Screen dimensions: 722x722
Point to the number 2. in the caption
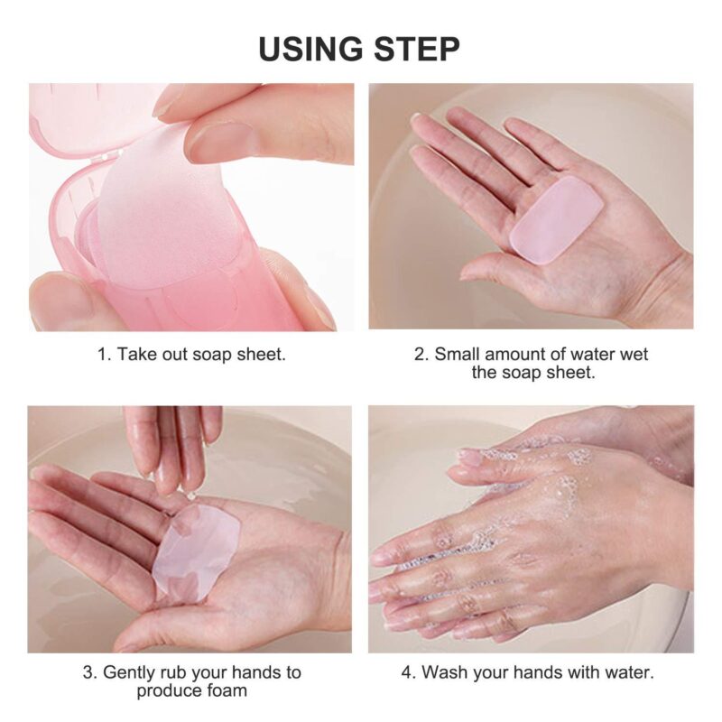pyautogui.click(x=421, y=354)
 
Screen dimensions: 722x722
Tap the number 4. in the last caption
pyautogui.click(x=407, y=672)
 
